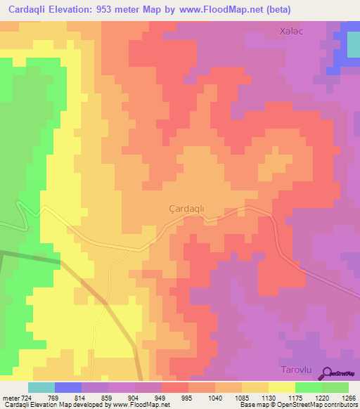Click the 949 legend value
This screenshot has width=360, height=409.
tap(161, 398)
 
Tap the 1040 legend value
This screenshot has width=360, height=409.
tap(214, 398)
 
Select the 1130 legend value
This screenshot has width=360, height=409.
tap(268, 398)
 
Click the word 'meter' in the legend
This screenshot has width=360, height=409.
tap(11, 398)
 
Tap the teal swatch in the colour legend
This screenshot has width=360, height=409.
tap(41, 387)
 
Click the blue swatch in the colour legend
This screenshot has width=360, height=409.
tap(68, 387)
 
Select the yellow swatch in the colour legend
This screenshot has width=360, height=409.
tap(281, 387)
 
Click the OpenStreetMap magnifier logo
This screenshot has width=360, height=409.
tap(328, 374)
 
